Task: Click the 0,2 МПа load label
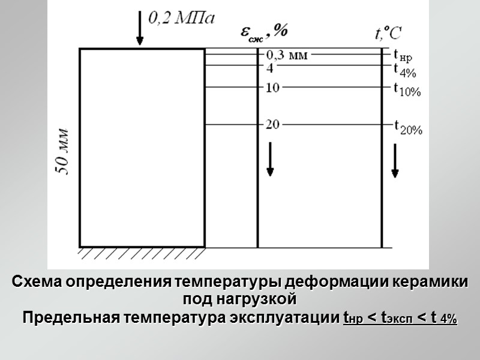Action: point(181,19)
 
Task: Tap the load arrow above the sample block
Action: point(140,28)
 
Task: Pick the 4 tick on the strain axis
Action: point(270,68)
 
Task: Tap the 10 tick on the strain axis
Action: point(272,88)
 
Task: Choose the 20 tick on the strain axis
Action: point(272,125)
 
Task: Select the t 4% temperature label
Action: point(404,71)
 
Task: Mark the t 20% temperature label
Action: point(408,127)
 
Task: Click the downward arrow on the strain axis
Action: point(270,159)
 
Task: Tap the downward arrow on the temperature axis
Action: point(395,160)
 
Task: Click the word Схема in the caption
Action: point(37,282)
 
